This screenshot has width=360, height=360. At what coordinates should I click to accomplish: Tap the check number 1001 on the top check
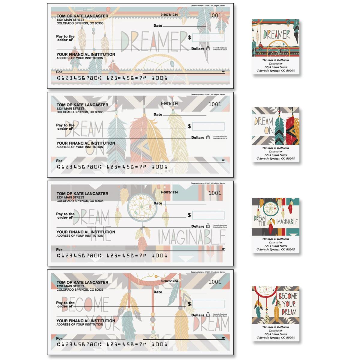click(214, 16)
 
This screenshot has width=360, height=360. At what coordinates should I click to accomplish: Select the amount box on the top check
click(208, 38)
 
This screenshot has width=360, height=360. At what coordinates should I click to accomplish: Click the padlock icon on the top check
click(208, 48)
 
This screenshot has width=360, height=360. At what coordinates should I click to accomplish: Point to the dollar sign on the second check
click(189, 126)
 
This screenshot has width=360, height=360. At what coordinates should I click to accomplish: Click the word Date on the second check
click(158, 114)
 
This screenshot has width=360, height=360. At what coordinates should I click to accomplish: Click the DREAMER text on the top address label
click(277, 34)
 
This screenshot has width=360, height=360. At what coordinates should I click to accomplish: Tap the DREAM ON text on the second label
click(260, 126)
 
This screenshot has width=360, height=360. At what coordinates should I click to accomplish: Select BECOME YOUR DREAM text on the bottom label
click(287, 304)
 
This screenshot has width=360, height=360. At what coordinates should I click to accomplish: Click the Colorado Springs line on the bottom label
click(275, 337)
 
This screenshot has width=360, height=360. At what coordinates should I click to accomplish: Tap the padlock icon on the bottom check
click(208, 315)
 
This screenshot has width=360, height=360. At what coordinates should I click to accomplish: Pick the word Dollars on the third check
click(198, 226)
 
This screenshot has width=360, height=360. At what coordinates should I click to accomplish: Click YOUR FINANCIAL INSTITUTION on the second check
click(86, 143)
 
